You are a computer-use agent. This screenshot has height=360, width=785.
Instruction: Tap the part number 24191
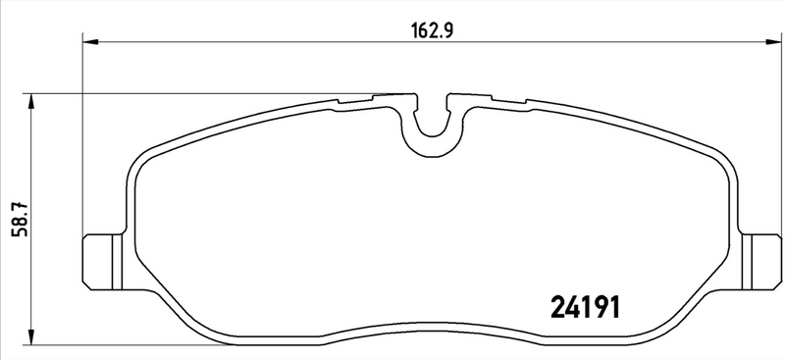click(x=582, y=308)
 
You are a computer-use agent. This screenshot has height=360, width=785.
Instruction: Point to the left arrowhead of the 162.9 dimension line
click(x=88, y=40)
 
